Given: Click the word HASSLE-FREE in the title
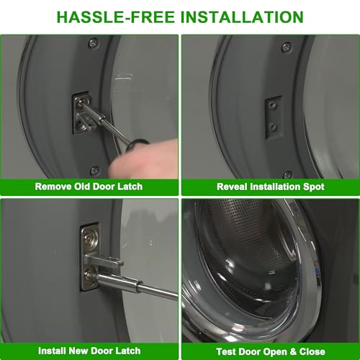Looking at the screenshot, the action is coord(115,17).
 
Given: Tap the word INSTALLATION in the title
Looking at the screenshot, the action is coord(242,17).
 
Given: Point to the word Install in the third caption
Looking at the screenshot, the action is coord(52,351).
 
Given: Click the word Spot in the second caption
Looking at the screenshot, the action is coord(314,187).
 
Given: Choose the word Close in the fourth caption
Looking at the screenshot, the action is coord(312,352).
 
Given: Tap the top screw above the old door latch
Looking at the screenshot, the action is coord(93,43).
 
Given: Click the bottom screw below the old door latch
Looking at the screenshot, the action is coord(94,171).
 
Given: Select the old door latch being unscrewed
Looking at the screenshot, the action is coord(83,113).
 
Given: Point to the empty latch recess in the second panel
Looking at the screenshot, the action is coord(274,117).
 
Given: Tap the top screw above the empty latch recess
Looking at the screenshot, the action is coord(286,48).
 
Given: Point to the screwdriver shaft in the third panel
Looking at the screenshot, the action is coord(137,287).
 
